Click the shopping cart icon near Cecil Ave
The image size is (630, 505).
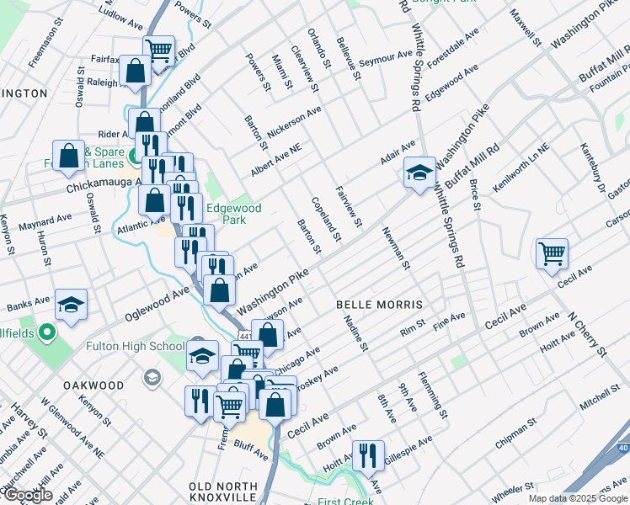tap(552, 252)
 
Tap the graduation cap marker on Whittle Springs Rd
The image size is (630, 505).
tap(419, 173)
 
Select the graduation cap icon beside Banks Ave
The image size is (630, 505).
tap(72, 305)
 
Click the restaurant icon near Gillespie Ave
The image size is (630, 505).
tap(367, 455)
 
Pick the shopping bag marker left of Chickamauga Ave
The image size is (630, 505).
tap(68, 156)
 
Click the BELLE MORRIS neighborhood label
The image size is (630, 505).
tap(378, 303)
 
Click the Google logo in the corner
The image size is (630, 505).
tap(28, 495)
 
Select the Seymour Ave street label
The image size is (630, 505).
tap(385, 59)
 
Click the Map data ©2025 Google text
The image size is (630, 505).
tap(577, 498)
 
